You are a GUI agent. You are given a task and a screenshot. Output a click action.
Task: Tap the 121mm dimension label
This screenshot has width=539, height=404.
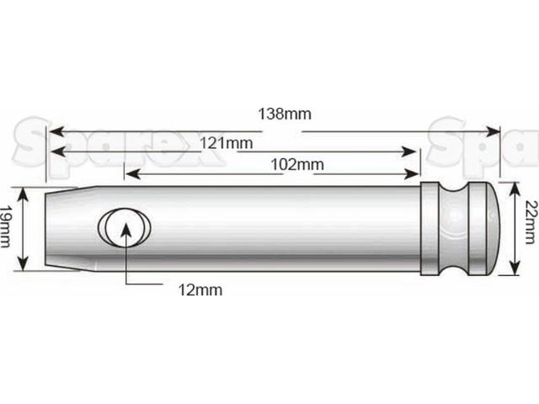[227, 143]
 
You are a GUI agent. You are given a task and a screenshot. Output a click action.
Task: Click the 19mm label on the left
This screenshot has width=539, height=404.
[7, 228]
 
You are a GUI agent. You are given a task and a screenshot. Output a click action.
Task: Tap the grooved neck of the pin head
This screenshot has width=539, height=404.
[463, 227]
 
